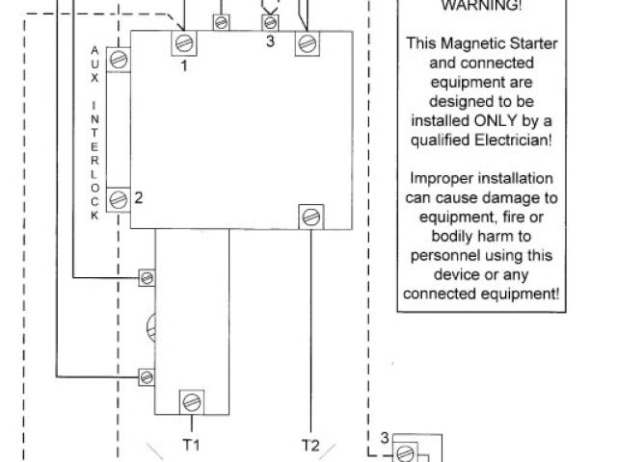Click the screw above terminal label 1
click(183, 41)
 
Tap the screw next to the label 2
click(119, 199)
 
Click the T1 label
click(191, 445)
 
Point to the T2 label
click(310, 445)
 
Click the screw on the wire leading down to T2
click(310, 216)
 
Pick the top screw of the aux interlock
click(119, 59)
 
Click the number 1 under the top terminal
click(183, 65)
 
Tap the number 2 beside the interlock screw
click(139, 198)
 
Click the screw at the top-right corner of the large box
click(307, 41)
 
